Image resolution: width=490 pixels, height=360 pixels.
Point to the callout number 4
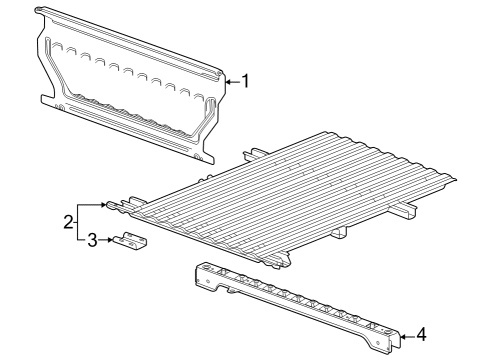pyautogui.click(x=421, y=335)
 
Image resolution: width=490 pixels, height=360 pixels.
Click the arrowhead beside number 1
pyautogui.click(x=225, y=80)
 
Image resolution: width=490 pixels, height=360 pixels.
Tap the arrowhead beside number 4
pyautogui.click(x=404, y=336)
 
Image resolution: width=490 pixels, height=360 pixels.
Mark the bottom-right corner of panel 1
pyautogui.click(x=204, y=157)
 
